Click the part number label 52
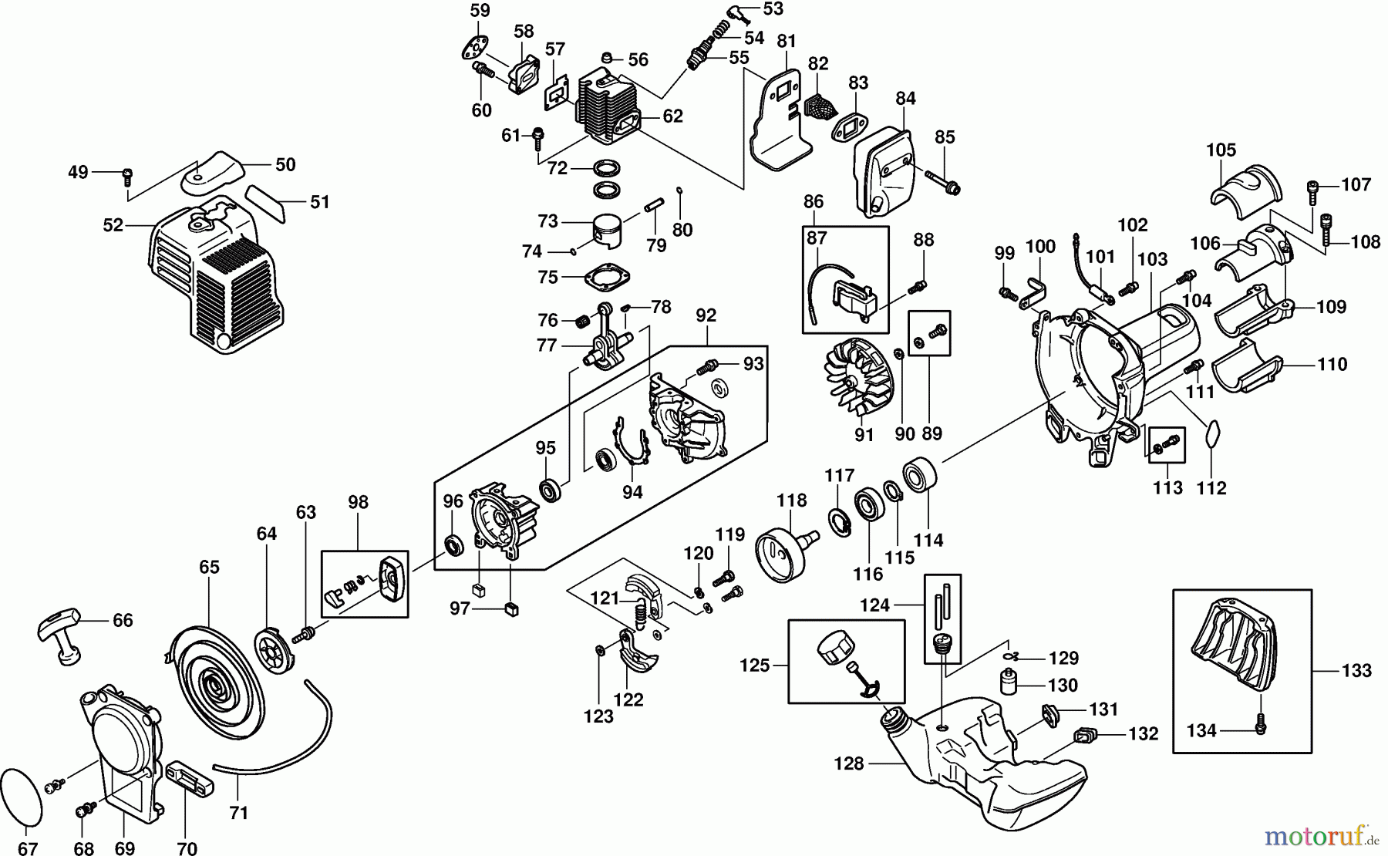coord(113,225)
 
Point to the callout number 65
coord(209,567)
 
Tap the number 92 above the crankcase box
coord(706,315)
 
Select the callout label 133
coord(1356,671)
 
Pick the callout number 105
coord(1221,150)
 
